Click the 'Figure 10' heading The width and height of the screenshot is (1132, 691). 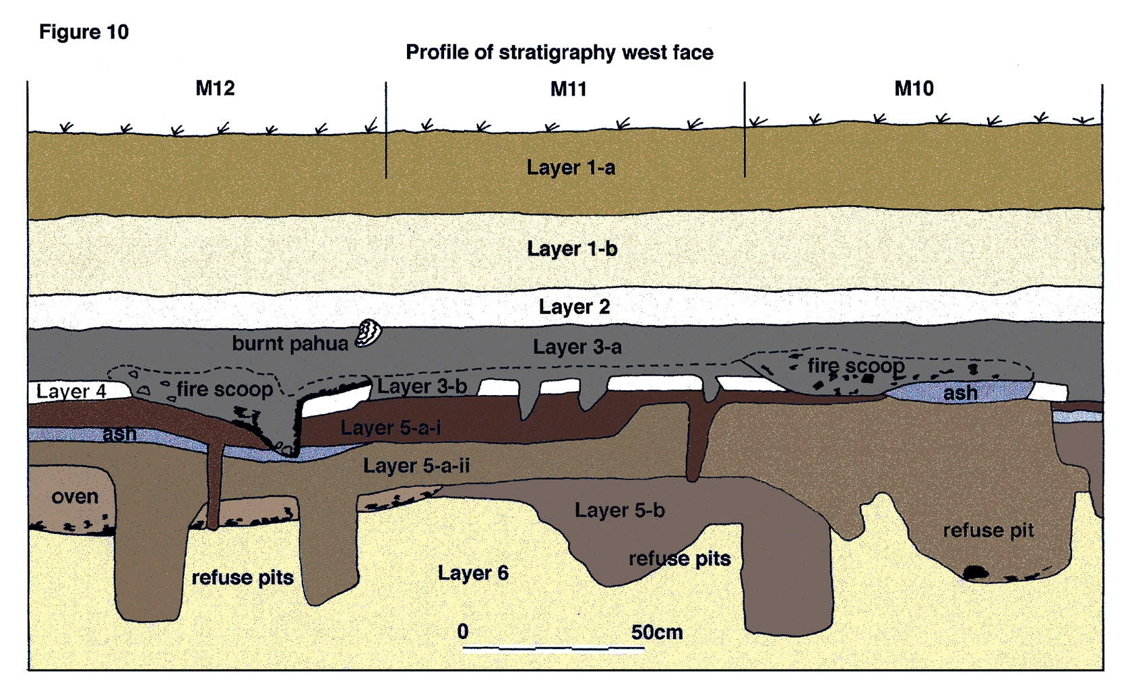84,32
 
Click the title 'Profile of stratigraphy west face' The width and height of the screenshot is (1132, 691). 559,52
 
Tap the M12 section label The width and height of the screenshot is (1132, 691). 215,88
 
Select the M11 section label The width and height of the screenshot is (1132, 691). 568,88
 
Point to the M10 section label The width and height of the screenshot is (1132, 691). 914,88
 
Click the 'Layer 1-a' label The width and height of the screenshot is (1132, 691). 571,167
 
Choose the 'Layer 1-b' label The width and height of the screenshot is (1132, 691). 571,249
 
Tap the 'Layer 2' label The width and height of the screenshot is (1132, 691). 574,307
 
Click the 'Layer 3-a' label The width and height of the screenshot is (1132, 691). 577,347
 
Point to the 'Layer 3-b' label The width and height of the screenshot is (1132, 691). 422,386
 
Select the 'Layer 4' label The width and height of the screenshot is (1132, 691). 71,391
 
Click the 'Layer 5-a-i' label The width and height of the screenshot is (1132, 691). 390,427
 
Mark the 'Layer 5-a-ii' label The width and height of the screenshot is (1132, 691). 416,466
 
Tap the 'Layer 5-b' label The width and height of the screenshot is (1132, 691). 619,510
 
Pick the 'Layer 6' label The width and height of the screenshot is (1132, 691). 473,573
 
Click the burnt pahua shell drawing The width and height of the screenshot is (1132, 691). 369,332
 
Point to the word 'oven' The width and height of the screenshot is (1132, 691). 75,497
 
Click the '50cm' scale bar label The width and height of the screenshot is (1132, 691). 656,632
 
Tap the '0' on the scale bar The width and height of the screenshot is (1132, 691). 463,632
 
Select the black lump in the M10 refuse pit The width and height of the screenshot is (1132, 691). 976,573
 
